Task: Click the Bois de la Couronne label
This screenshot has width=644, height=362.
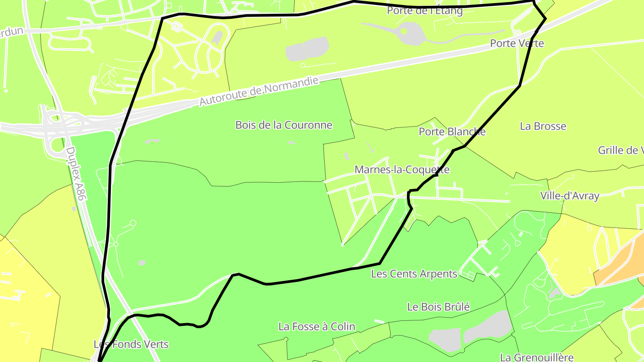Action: (x=284, y=125)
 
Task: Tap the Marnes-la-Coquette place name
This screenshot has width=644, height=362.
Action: (x=402, y=170)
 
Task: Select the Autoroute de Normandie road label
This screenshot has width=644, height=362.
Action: (x=259, y=91)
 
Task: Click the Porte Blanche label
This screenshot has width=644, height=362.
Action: (x=452, y=132)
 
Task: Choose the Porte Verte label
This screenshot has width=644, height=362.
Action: (x=517, y=43)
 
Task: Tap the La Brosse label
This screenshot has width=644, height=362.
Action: (x=542, y=126)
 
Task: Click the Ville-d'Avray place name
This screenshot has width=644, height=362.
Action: (x=569, y=196)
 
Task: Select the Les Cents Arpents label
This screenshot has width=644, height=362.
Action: (x=414, y=274)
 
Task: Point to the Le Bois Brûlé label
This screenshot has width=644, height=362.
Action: (x=438, y=307)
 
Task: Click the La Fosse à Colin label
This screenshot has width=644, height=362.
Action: (x=317, y=327)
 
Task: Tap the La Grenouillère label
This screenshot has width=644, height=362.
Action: (x=536, y=357)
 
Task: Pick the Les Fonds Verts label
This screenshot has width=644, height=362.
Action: (x=131, y=344)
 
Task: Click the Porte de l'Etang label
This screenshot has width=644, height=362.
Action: (x=424, y=11)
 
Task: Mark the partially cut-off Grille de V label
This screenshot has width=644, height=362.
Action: (x=620, y=150)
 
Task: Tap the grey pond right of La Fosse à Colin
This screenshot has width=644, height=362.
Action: (x=487, y=328)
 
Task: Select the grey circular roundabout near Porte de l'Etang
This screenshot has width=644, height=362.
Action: (x=407, y=33)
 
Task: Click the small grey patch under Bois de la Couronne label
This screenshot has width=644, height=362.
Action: (x=291, y=143)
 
